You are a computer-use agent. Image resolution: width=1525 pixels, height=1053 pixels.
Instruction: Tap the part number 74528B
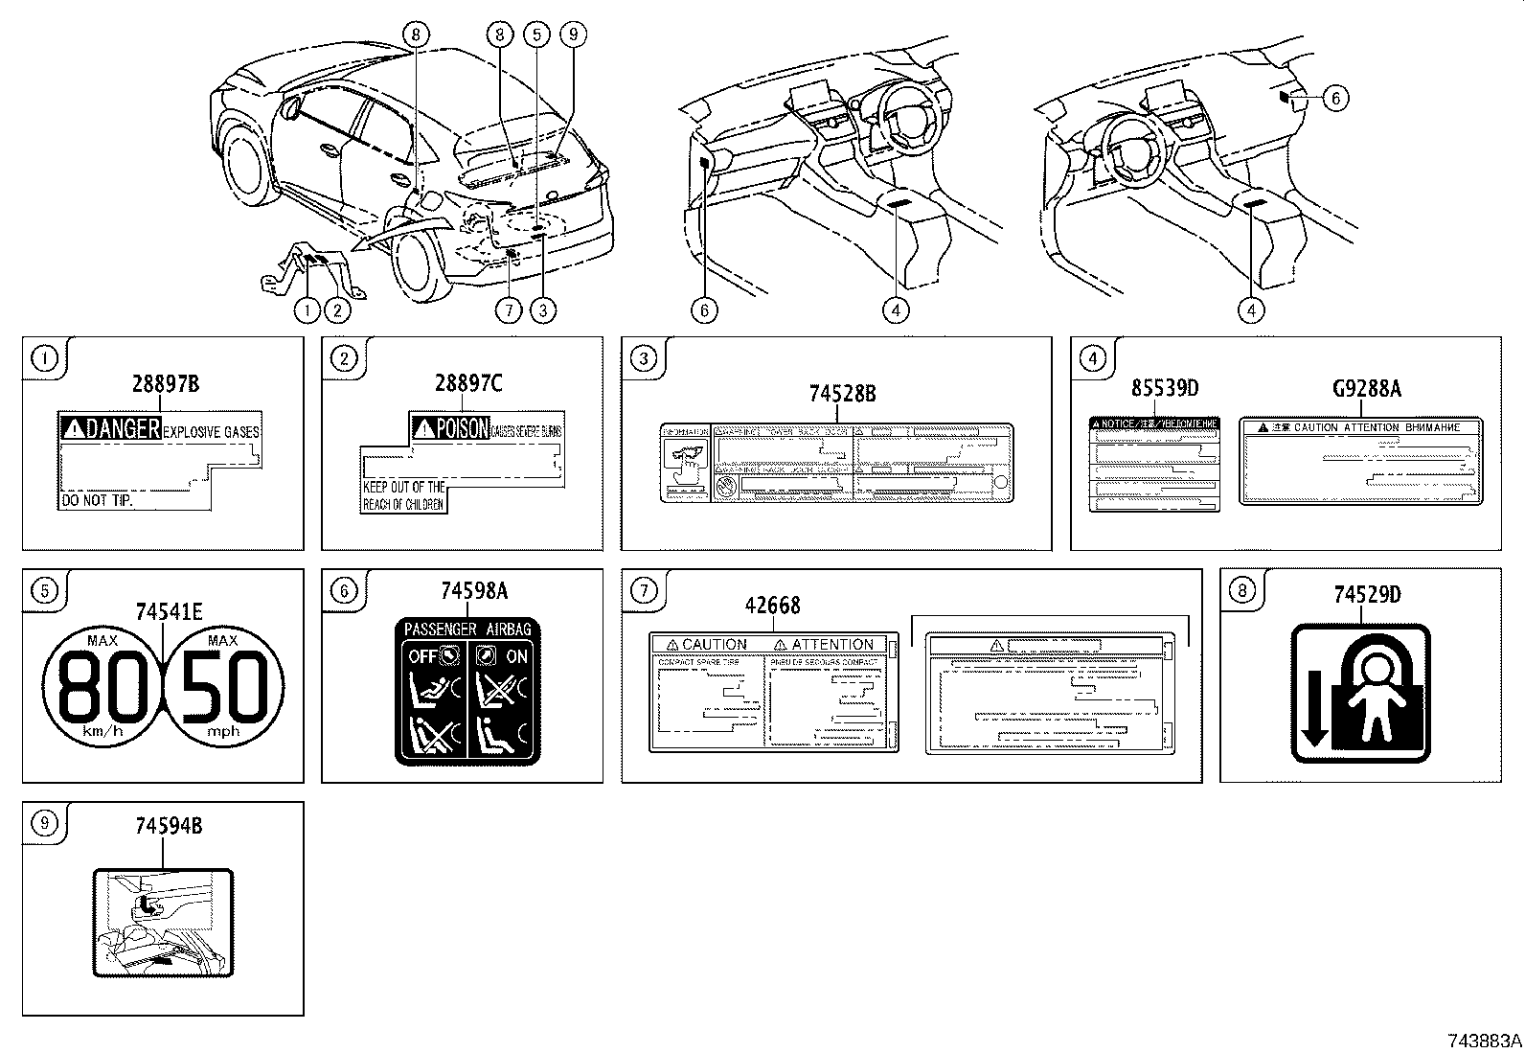pos(842,393)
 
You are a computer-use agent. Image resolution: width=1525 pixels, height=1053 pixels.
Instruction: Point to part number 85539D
pos(1165,388)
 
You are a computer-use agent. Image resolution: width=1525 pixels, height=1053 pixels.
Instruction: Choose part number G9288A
pos(1367,388)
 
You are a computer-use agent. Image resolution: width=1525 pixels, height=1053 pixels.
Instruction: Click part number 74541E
pos(169,610)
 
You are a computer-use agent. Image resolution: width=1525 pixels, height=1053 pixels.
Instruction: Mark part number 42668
pos(772,606)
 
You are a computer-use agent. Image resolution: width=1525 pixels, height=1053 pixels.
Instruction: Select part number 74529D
pos(1367,595)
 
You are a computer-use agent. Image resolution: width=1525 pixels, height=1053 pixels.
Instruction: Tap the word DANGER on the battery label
pos(122,429)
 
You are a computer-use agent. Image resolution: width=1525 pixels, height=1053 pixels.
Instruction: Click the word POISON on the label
pos(462,427)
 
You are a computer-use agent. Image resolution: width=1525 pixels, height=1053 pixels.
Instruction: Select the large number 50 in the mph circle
pos(225,688)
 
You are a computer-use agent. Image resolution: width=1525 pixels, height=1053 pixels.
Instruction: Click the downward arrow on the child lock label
pos(1313,706)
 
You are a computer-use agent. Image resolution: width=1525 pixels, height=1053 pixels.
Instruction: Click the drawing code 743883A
pos(1483,1041)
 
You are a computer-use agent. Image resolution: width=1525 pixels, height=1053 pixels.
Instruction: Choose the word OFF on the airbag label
pos(421,656)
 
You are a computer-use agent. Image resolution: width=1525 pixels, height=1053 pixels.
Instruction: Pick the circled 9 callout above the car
pos(573,34)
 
